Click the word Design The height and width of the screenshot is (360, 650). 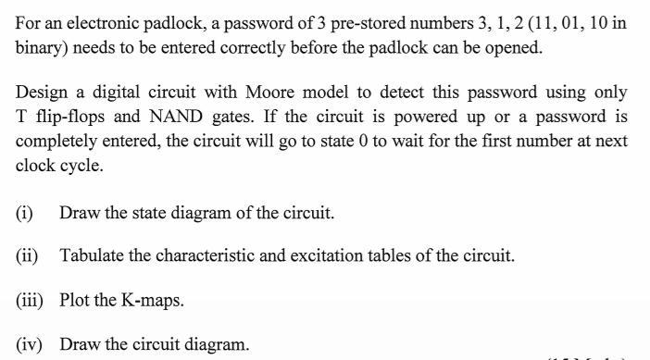pyautogui.click(x=41, y=93)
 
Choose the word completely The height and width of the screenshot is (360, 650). pyautogui.click(x=57, y=142)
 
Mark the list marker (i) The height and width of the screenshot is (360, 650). pyautogui.click(x=24, y=212)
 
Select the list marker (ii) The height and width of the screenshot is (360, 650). pyautogui.click(x=27, y=255)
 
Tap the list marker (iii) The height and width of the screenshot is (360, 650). pyautogui.click(x=29, y=300)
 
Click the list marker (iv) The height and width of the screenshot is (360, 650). pyautogui.click(x=29, y=344)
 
